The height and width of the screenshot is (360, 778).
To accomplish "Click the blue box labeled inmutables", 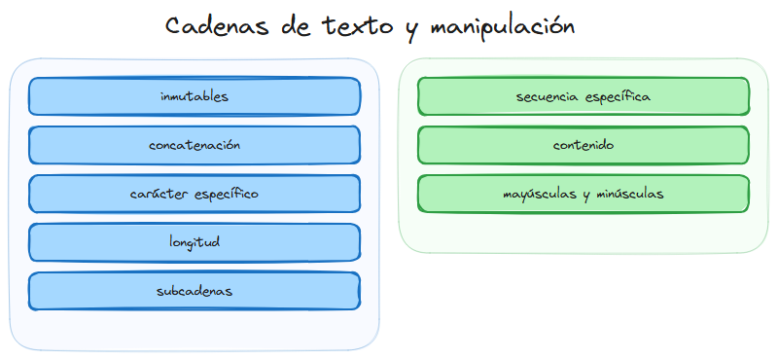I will tap(194, 96).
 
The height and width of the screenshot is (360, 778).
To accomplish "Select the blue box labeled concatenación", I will tap(194, 145).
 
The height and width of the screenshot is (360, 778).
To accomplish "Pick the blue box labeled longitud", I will tap(194, 242).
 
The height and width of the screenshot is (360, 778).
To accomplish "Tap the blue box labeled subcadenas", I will tap(194, 291).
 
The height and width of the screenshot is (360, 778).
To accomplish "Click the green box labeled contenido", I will tap(583, 145).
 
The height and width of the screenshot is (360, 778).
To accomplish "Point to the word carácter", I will tap(159, 194).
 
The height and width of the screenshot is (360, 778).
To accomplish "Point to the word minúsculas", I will tap(630, 194).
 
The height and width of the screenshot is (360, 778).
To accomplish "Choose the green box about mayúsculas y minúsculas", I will tap(583, 194).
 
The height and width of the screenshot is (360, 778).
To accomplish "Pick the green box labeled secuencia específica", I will tap(583, 96).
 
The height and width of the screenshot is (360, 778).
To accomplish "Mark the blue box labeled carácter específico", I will tap(194, 194).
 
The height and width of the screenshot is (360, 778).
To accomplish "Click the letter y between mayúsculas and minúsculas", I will tap(586, 196).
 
